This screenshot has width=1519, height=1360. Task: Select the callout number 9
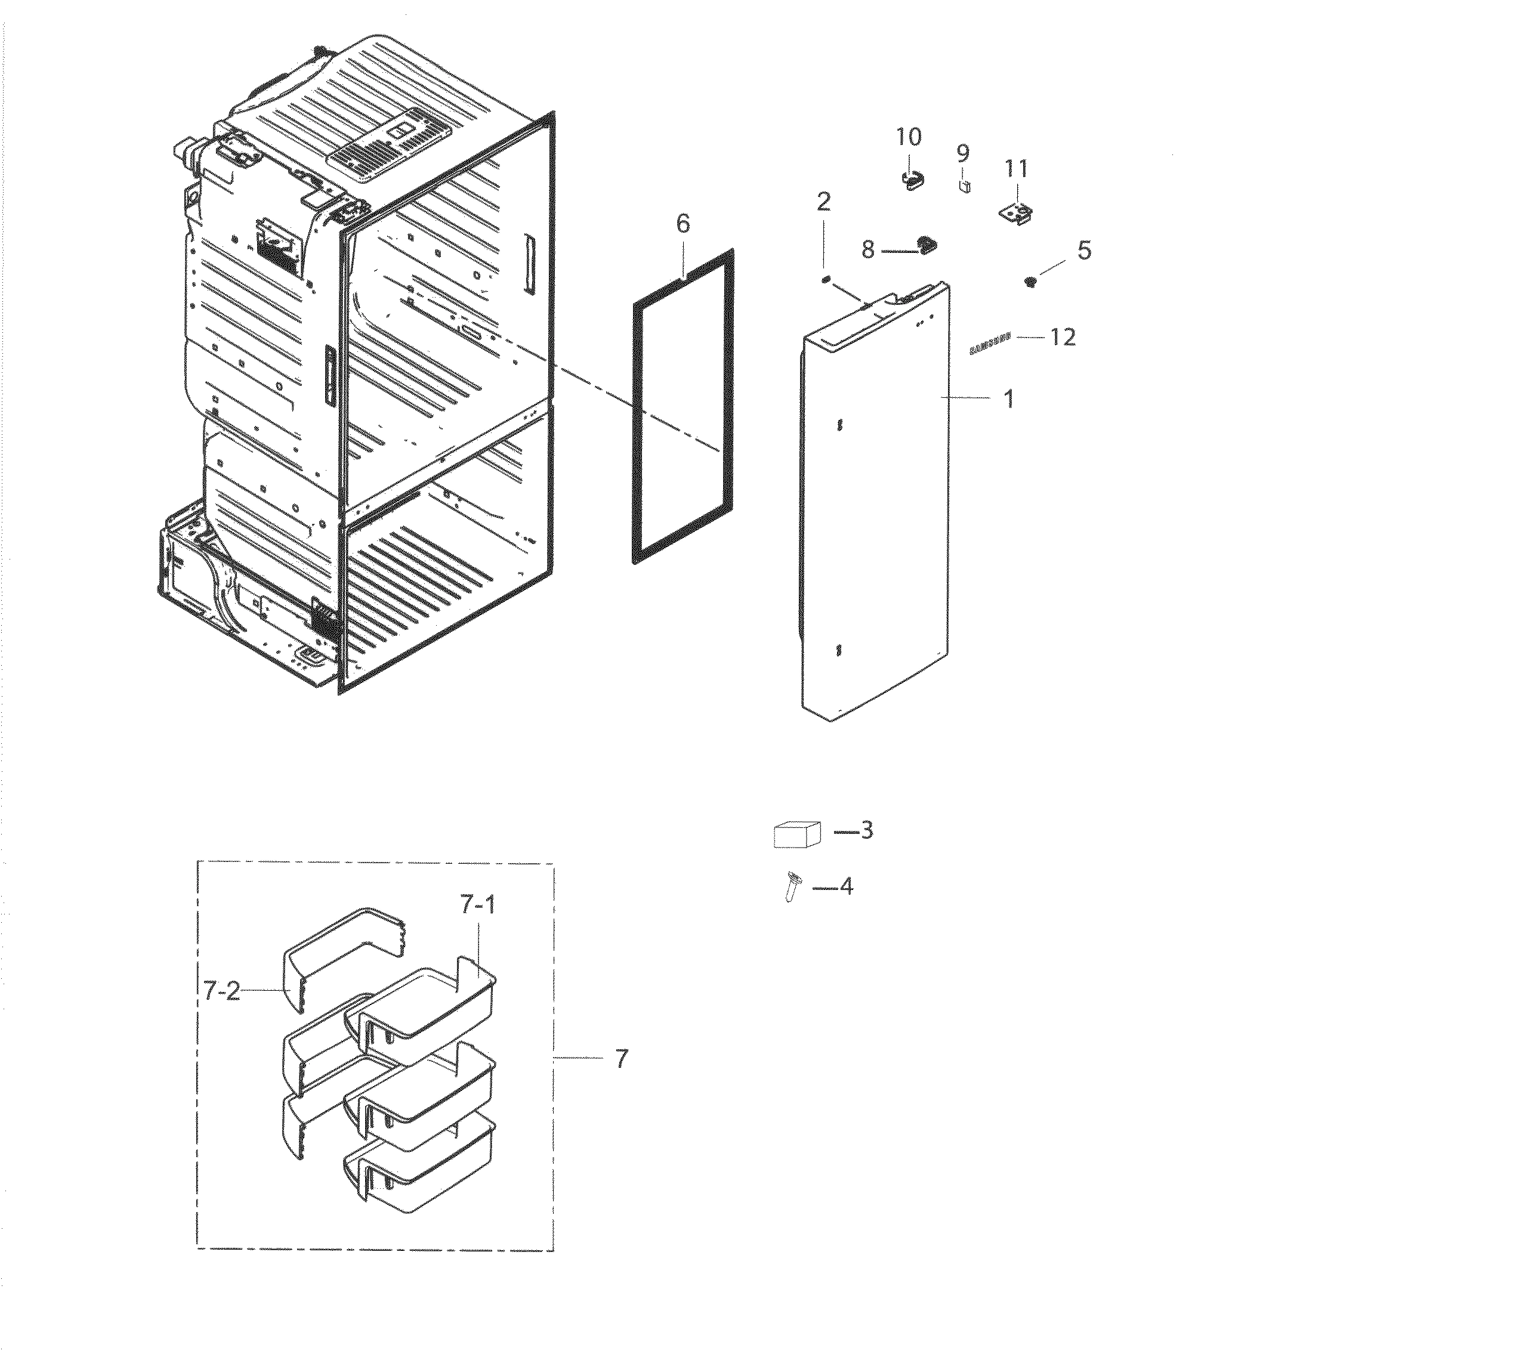[x=963, y=153]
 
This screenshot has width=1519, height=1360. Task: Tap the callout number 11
[x=1015, y=169]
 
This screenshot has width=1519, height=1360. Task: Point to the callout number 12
[x=1062, y=338]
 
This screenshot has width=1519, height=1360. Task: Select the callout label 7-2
[x=221, y=991]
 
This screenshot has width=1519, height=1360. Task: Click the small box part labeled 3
[x=796, y=834]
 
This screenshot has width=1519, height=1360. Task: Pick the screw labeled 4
[x=792, y=887]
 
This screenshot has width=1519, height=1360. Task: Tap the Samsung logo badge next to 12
[x=990, y=344]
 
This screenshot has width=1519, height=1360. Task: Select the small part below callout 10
[x=910, y=180]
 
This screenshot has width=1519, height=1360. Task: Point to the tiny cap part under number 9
[x=964, y=186]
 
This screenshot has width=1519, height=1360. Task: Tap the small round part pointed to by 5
[x=1031, y=282]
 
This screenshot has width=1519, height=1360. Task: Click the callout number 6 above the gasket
[x=683, y=224]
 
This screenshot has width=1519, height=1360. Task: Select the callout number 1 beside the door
[x=1008, y=399]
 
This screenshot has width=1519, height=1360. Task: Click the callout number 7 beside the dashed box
[x=622, y=1058]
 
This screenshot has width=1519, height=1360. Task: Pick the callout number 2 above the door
[x=823, y=202]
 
